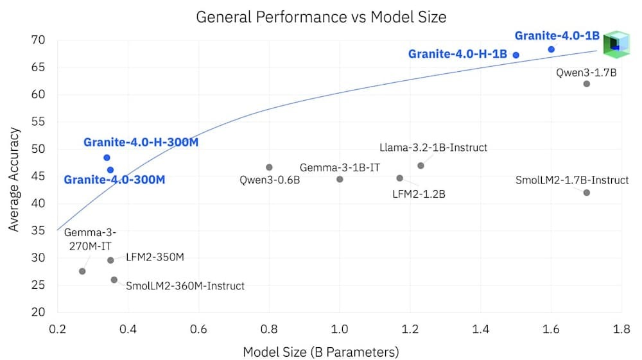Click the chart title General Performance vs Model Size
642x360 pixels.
pyautogui.click(x=320, y=17)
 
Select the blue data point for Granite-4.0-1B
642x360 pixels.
pyautogui.click(x=551, y=49)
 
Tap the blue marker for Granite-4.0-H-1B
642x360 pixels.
pyautogui.click(x=516, y=55)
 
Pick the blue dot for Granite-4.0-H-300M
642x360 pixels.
pyautogui.click(x=107, y=157)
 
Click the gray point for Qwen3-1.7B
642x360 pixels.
pyautogui.click(x=586, y=84)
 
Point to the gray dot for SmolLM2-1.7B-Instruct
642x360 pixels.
pyautogui.click(x=586, y=193)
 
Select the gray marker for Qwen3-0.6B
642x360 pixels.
pyautogui.click(x=269, y=167)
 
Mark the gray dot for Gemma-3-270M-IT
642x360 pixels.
pyautogui.click(x=82, y=271)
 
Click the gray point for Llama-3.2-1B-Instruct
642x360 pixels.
pyautogui.click(x=421, y=166)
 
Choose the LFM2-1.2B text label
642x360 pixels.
pyautogui.click(x=419, y=193)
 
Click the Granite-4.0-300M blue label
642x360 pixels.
pyautogui.click(x=115, y=179)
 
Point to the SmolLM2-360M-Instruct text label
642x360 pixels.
pyautogui.click(x=185, y=286)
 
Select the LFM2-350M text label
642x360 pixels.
pyautogui.click(x=155, y=258)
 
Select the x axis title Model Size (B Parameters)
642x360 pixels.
pyautogui.click(x=320, y=352)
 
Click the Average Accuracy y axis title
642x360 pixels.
pyautogui.click(x=13, y=176)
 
